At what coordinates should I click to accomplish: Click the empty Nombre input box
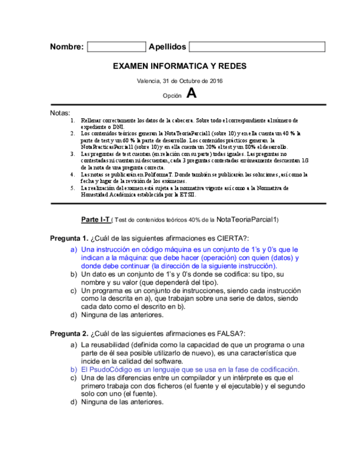[116, 47]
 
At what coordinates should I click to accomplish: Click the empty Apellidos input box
[257, 47]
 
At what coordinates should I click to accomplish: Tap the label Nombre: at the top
[67, 47]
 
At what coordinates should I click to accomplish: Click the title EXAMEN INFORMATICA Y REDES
[180, 66]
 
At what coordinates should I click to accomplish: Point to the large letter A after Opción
[191, 93]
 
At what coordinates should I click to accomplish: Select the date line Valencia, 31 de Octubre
[180, 81]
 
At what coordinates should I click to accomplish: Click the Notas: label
[60, 113]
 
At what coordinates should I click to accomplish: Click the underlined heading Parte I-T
[95, 219]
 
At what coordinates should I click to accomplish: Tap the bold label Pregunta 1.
[69, 238]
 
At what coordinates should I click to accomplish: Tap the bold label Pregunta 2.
[69, 334]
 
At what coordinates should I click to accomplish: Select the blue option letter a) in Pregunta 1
[73, 249]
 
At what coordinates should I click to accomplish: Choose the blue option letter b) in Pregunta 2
[73, 370]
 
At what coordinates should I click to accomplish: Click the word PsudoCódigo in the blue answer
[111, 370]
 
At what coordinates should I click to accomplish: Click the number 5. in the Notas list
[73, 188]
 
